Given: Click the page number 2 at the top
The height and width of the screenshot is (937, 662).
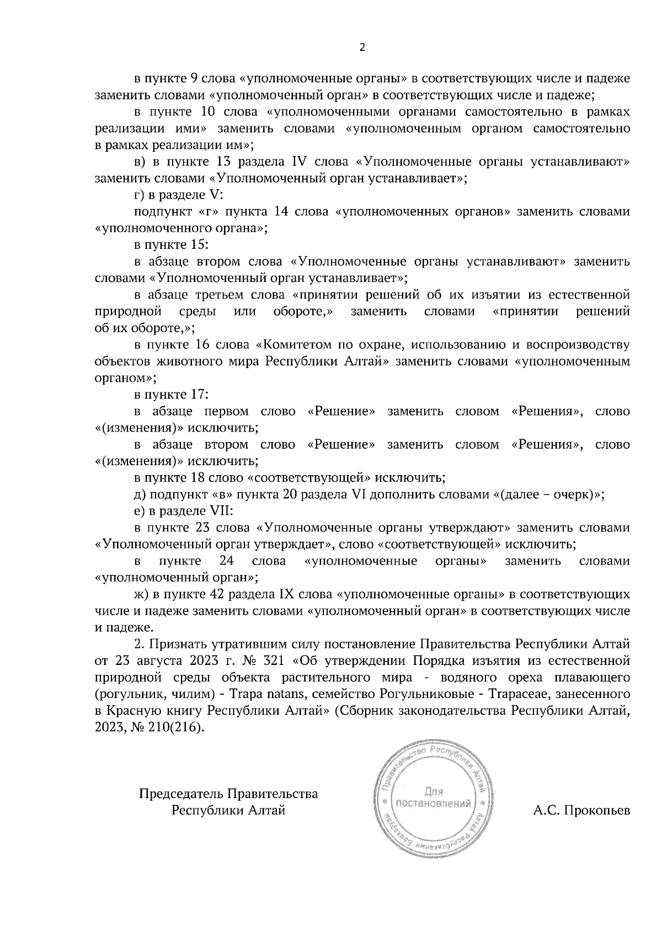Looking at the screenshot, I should (x=362, y=47).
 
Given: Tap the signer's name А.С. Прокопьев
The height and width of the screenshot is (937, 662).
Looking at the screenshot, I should (x=581, y=811).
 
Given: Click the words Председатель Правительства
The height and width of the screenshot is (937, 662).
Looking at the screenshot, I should (x=228, y=794).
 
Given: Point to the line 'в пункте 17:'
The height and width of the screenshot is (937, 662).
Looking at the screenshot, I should (x=171, y=395).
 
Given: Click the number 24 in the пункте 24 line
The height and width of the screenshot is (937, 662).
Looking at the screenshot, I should (x=227, y=561).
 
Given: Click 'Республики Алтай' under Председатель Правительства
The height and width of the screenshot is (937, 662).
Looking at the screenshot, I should (x=228, y=811).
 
